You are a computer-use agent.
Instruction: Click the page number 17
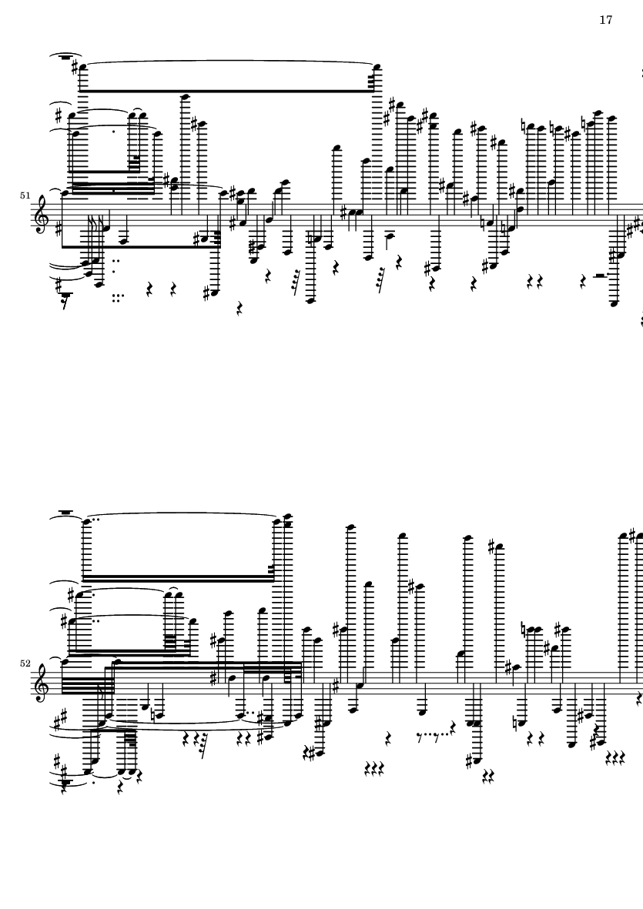tap(605, 20)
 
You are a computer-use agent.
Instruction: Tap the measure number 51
tap(25, 196)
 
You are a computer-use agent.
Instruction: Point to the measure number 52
tap(25, 663)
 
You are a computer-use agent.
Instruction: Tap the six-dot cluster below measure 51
tap(118, 298)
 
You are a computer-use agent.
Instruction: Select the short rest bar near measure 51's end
tap(600, 276)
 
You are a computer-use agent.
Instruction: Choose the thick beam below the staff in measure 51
tap(140, 246)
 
